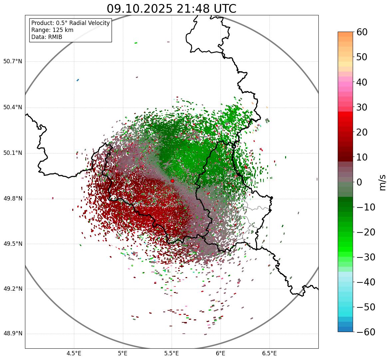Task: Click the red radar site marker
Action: [x=172, y=181]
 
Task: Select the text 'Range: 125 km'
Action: [x=52, y=30]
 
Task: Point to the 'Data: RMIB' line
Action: [x=47, y=37]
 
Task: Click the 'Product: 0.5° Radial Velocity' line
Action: [x=70, y=23]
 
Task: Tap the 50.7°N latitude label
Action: [x=13, y=61]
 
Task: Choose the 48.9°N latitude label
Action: [x=13, y=334]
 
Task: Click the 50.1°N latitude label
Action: [x=13, y=153]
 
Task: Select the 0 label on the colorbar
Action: [x=359, y=182]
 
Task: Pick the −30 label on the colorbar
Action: [x=366, y=257]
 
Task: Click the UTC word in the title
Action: [x=225, y=9]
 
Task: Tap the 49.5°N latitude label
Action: [x=13, y=244]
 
